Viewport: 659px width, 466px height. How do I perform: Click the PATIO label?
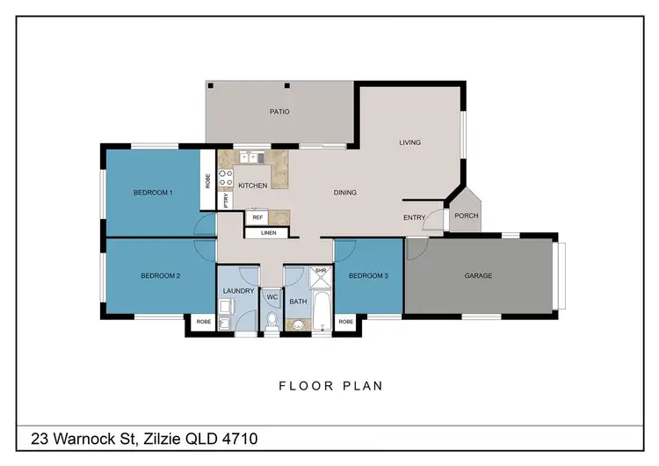(x=279, y=112)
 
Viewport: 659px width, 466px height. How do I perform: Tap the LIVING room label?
(x=409, y=142)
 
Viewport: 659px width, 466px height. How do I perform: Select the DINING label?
(x=344, y=193)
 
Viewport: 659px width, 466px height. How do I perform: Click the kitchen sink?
(x=250, y=158)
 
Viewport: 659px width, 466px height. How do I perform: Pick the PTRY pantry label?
(x=225, y=200)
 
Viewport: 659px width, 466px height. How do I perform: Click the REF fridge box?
(x=257, y=216)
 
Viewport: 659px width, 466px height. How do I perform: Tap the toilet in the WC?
(x=271, y=322)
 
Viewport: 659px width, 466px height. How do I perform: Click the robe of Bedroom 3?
(x=345, y=323)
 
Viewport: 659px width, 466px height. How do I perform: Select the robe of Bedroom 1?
(x=207, y=182)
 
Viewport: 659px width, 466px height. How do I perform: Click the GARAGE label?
(x=478, y=275)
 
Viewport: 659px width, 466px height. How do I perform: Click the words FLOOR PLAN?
(x=330, y=385)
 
